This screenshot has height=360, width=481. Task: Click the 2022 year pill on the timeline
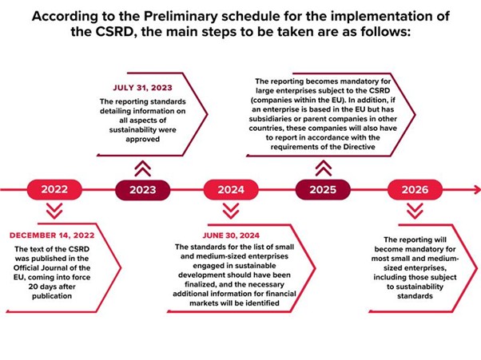[54, 189]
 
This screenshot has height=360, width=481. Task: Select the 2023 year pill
[143, 190]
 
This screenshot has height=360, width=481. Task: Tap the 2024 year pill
[231, 190]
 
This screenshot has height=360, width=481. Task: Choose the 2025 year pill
[323, 190]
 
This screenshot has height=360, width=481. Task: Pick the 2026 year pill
[415, 190]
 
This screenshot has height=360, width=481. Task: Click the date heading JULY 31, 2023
[143, 88]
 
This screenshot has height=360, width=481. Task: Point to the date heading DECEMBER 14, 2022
[52, 235]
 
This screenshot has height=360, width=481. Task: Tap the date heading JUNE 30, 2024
[231, 235]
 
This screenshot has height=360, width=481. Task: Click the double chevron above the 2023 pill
[143, 168]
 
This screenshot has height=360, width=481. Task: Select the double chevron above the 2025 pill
[324, 168]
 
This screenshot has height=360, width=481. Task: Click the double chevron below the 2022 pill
[54, 211]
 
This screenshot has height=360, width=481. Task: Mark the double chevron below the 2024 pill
[231, 211]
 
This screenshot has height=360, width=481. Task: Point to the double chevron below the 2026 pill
[415, 211]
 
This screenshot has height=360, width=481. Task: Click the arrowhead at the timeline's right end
[477, 190]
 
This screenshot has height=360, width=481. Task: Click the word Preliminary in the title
[181, 17]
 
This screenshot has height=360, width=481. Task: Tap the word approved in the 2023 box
[143, 139]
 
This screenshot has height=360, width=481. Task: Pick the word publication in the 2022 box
[52, 296]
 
